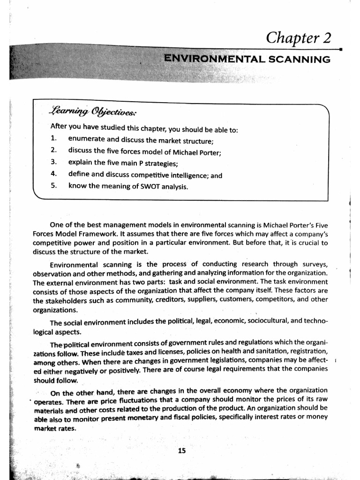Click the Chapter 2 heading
coord(299,37)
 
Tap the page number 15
coord(182,451)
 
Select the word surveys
coord(313,264)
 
